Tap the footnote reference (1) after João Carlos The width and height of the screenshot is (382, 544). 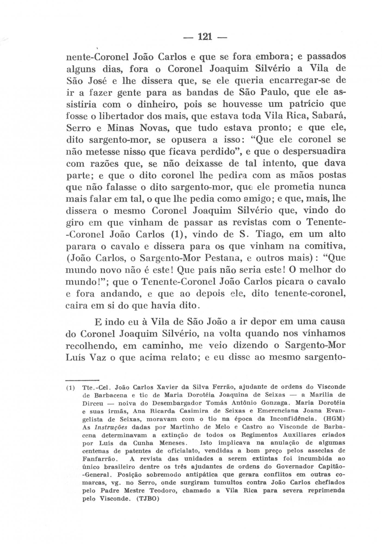click(x=178, y=234)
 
